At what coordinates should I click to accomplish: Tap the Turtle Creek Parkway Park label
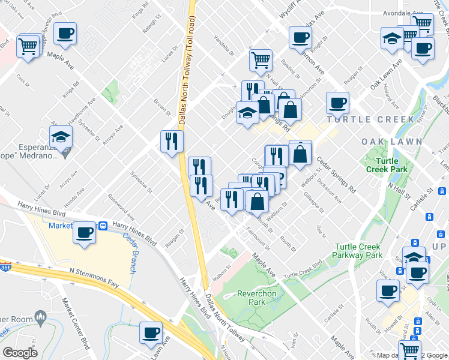click(x=358, y=251)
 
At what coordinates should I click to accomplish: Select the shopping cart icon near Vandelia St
click(x=261, y=59)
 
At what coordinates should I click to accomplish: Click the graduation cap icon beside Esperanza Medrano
click(x=61, y=137)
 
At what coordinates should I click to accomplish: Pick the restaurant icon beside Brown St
click(x=172, y=142)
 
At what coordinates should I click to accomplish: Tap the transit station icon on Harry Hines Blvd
click(x=104, y=227)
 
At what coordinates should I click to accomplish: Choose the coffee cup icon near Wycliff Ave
click(x=300, y=37)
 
